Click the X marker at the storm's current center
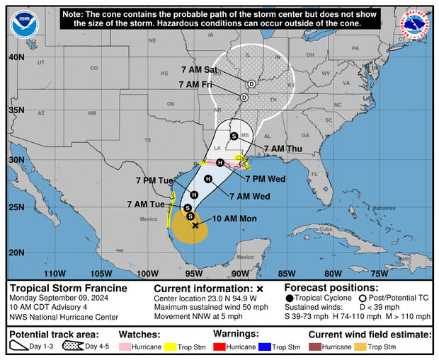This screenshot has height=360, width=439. pyautogui.click(x=195, y=225)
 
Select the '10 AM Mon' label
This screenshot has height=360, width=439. pyautogui.click(x=234, y=219)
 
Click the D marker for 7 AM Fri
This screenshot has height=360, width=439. pyautogui.click(x=244, y=97)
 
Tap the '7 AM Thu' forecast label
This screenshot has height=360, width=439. pyautogui.click(x=282, y=149)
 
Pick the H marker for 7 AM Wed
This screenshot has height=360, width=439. pyautogui.click(x=208, y=180)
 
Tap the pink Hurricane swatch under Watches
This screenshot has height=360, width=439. pyautogui.click(x=125, y=347)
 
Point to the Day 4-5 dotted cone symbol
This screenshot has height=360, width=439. pyautogui.click(x=71, y=347)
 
